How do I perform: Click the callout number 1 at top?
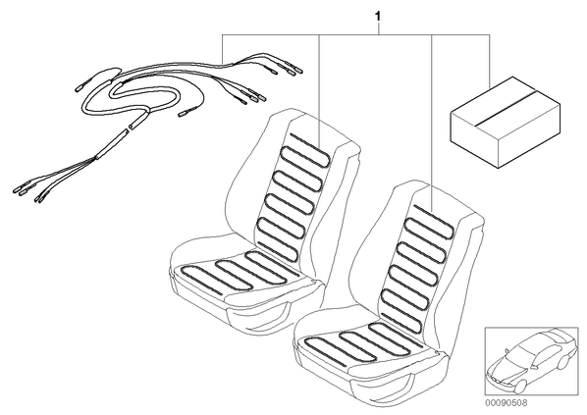click(x=378, y=17)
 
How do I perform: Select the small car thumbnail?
click(x=531, y=362)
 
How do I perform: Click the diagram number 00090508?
click(x=507, y=403)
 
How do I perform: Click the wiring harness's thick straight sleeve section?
click(x=111, y=143)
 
